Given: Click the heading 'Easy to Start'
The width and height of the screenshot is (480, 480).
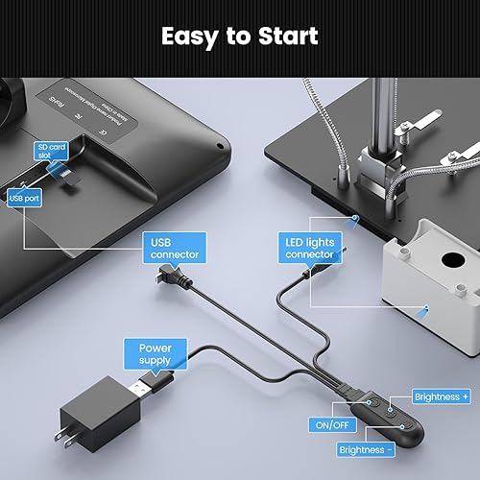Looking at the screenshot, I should [239, 36].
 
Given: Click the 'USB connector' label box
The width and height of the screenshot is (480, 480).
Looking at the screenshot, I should [174, 248].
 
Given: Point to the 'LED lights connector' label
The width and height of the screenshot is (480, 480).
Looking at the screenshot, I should [309, 248].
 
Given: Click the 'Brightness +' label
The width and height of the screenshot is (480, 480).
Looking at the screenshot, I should [441, 396].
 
